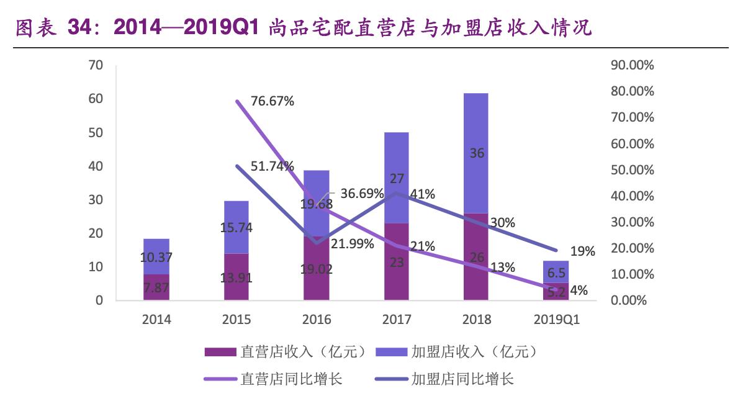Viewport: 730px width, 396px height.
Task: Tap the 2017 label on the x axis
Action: click(397, 320)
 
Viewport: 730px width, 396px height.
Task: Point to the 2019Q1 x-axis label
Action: click(557, 320)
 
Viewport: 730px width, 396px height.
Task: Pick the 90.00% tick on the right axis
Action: click(633, 65)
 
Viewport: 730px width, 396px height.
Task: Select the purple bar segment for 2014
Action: click(156, 287)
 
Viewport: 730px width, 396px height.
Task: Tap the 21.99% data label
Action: click(351, 244)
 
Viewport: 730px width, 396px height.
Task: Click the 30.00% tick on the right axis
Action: click(633, 222)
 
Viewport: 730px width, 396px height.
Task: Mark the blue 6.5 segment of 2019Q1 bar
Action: click(557, 272)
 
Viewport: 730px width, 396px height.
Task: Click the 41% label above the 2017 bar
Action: click(422, 194)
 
